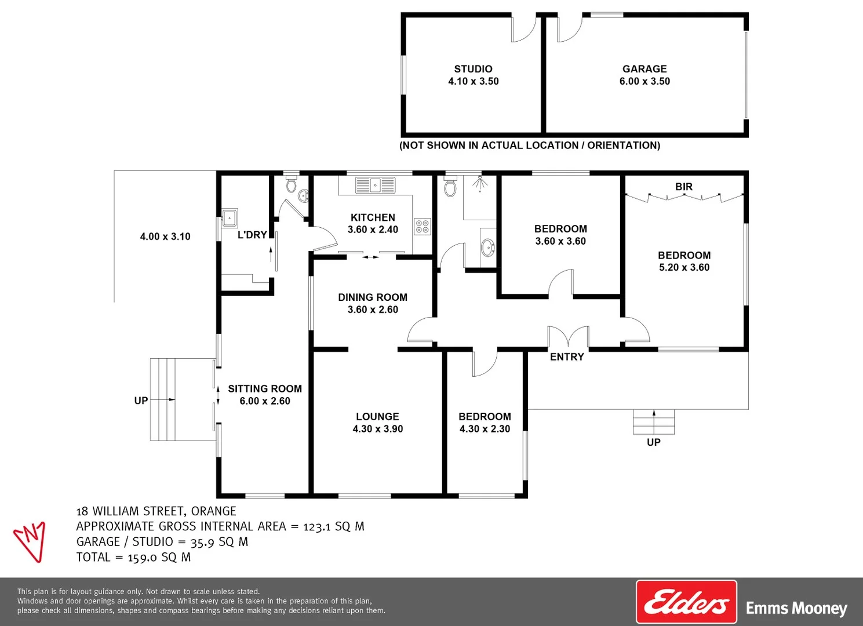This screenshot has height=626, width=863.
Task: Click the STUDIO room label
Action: click(473, 69)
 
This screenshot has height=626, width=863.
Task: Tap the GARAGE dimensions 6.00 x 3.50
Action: click(644, 82)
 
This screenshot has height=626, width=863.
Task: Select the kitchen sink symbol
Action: click(375, 185)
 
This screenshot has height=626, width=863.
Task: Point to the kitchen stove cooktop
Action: click(422, 226)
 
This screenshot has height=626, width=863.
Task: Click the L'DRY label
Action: click(252, 235)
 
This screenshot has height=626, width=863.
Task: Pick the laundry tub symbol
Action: click(230, 218)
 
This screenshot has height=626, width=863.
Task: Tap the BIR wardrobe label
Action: click(684, 187)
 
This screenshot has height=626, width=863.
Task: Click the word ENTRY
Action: click(567, 357)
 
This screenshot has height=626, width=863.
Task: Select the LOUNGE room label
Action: click(377, 417)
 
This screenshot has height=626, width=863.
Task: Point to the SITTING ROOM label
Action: click(265, 389)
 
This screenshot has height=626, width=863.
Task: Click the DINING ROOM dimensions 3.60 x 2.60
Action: click(373, 310)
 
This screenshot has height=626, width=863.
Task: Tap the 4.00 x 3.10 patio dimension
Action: click(165, 236)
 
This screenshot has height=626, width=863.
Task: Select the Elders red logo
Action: click(686, 602)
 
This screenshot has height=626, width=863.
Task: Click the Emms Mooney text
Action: click(796, 608)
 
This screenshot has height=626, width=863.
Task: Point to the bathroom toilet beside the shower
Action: click(450, 187)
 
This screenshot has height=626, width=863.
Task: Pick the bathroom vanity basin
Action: click(488, 248)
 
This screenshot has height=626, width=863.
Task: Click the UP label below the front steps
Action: click(653, 442)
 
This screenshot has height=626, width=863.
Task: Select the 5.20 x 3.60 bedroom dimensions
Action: click(684, 267)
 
